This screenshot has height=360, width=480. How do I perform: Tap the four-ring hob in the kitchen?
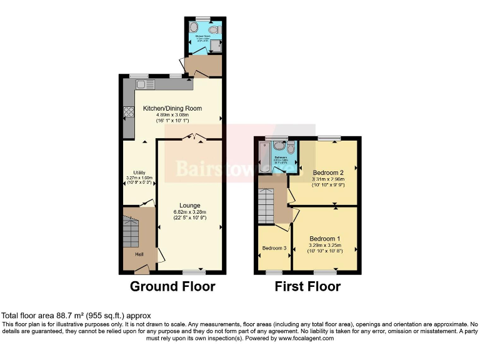(x=130, y=112)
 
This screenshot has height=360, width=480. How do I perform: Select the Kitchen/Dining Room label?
(x=172, y=108)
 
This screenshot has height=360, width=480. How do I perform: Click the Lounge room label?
(x=189, y=205)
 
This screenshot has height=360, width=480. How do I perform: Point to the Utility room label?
(x=139, y=172)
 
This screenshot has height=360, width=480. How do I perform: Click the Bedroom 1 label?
(x=324, y=239)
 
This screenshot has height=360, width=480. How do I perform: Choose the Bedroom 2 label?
(x=328, y=172)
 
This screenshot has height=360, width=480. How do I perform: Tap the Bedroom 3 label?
(x=274, y=248)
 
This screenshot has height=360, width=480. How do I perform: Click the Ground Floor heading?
(x=172, y=287)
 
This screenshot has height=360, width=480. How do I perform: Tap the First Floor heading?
(x=307, y=287)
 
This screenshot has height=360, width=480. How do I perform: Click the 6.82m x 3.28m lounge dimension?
(x=189, y=212)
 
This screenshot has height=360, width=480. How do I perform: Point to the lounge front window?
(x=194, y=272)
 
